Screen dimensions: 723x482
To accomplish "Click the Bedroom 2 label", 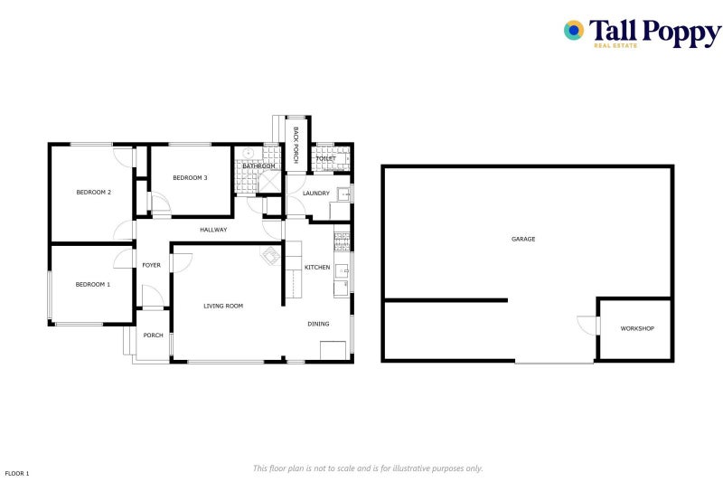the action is [x=94, y=193].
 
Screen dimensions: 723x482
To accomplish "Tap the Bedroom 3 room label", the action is [x=190, y=178].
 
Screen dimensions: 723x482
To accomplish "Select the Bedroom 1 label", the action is [x=93, y=285].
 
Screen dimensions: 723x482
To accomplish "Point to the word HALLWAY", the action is [x=213, y=230].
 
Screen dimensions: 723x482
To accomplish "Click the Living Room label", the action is [x=223, y=306].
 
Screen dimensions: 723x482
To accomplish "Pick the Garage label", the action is [x=523, y=239].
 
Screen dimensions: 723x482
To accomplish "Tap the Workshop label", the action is [x=637, y=329].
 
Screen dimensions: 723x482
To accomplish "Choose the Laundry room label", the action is [x=315, y=194].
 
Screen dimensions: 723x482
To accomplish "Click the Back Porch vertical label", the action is [x=296, y=145].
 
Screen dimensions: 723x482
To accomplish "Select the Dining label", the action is [x=318, y=324].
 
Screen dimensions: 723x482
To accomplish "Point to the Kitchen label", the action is [x=317, y=268].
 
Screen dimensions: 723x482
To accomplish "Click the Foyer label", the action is [x=151, y=265].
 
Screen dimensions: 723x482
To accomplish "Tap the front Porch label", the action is [x=153, y=336].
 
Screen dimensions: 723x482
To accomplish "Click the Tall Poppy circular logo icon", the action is [x=574, y=31].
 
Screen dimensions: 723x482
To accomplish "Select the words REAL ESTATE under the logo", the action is [x=615, y=45].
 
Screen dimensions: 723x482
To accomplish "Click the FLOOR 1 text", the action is [x=17, y=473].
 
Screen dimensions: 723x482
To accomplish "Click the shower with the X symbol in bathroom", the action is [x=269, y=182].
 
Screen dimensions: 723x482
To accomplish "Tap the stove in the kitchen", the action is [x=342, y=241].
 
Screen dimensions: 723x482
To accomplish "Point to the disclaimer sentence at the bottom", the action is [x=368, y=468].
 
